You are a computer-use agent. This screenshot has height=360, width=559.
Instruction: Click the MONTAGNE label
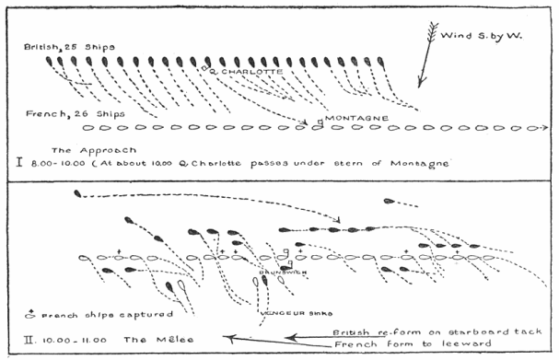click(x=351, y=119)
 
